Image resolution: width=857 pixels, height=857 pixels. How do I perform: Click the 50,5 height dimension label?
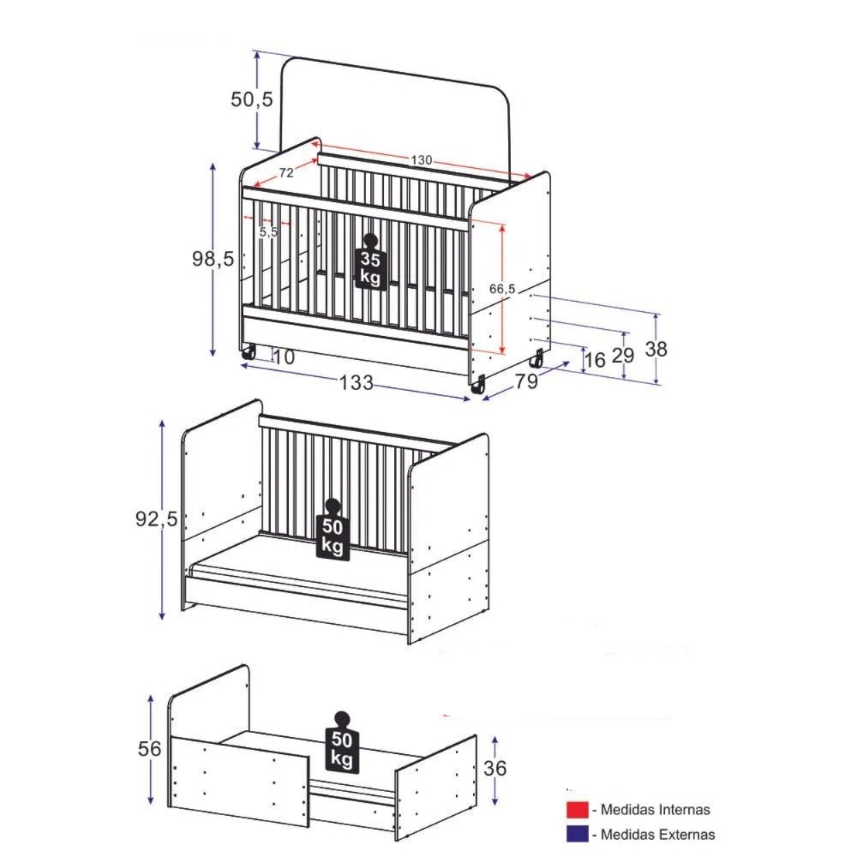(251, 99)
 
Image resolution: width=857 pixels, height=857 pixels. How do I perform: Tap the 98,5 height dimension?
(213, 259)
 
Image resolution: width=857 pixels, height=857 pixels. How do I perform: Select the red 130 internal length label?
(422, 160)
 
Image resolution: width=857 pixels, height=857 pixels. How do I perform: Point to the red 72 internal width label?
(286, 173)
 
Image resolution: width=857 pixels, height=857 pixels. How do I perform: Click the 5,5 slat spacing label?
(268, 231)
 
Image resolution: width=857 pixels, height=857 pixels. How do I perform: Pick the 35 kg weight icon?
(370, 261)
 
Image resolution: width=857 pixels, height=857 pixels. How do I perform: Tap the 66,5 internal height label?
(501, 289)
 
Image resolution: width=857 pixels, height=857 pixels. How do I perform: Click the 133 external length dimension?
(357, 382)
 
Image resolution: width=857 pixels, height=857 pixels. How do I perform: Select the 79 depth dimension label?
(526, 381)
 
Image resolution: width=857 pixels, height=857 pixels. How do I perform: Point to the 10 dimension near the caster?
(284, 357)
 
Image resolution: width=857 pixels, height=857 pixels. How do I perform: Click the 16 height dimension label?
(596, 360)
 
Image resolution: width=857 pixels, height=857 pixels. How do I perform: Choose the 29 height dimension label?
(622, 356)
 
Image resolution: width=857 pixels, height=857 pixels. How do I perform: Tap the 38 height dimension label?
(656, 349)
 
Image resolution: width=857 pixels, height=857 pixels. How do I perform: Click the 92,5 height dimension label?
(157, 518)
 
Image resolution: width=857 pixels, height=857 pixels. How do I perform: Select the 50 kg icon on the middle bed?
(333, 530)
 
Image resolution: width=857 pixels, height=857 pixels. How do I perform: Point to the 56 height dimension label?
(150, 748)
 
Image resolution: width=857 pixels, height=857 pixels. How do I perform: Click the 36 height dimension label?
(495, 768)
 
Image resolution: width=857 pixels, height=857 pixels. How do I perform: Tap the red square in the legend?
(577, 810)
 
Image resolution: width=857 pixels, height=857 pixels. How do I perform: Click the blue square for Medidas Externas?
(577, 834)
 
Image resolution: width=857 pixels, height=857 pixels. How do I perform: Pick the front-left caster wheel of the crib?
(249, 352)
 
